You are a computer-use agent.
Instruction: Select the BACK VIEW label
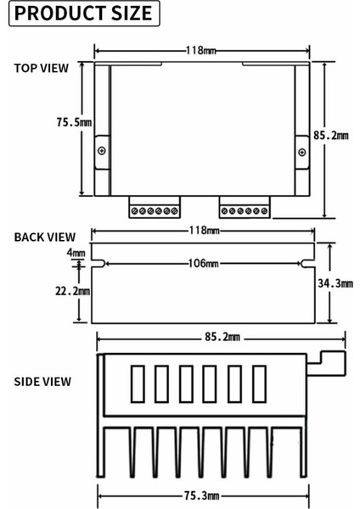(44, 237)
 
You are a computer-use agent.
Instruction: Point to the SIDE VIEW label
(42, 381)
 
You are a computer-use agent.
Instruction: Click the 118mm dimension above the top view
(200, 50)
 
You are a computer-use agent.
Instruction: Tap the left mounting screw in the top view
(102, 151)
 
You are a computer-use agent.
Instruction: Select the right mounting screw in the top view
(301, 151)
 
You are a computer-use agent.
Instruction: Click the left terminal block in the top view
(154, 209)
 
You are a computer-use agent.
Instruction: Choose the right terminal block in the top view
(245, 209)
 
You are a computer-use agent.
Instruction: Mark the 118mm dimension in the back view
(203, 231)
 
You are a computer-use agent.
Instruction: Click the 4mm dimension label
(76, 253)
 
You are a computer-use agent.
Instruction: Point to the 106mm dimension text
(203, 264)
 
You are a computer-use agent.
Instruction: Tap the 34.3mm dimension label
(333, 283)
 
